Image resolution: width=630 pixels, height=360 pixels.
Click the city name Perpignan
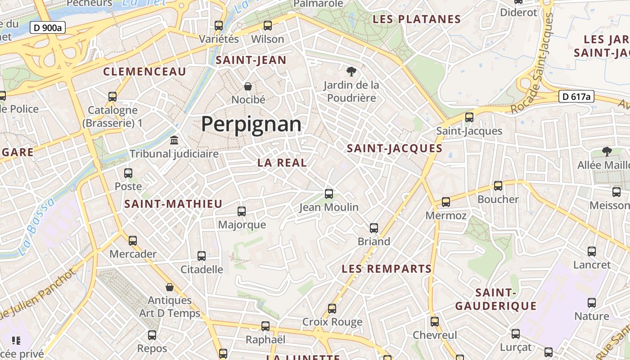click(251, 124)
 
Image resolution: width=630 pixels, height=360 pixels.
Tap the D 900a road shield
click(48, 28)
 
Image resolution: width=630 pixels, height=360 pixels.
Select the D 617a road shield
click(576, 96)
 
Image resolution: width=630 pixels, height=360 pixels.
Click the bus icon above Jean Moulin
click(329, 194)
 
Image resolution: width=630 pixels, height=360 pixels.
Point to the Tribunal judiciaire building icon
click(174, 140)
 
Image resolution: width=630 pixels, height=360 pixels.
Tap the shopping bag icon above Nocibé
click(247, 86)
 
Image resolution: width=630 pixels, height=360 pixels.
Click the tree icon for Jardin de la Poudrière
click(351, 71)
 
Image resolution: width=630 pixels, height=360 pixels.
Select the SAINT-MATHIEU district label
click(173, 204)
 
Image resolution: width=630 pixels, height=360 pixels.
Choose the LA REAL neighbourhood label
click(282, 163)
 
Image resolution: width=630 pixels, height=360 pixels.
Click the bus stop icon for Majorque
click(242, 211)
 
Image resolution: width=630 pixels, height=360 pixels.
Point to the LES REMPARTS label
click(387, 269)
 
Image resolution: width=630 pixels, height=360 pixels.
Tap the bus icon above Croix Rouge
click(332, 309)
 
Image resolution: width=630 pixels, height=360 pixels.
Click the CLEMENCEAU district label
click(144, 72)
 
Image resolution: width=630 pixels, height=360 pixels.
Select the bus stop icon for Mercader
click(133, 240)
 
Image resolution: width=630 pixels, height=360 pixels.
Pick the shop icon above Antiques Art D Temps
click(170, 287)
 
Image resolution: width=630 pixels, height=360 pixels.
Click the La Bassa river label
click(36, 227)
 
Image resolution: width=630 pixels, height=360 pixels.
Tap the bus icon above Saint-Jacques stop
click(469, 117)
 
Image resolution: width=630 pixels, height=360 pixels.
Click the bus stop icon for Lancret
click(592, 252)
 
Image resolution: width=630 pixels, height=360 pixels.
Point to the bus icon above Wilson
click(268, 26)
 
